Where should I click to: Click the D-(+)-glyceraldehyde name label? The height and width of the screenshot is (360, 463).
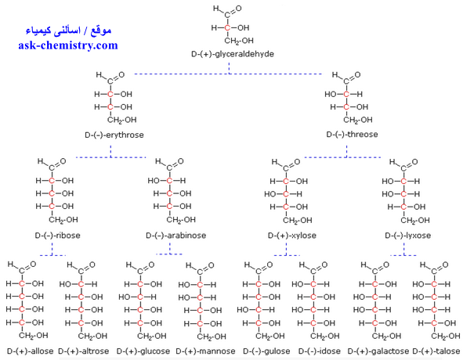pos(233,54)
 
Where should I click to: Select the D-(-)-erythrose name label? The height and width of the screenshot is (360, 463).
pos(114,135)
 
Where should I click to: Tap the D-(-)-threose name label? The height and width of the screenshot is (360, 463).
pos(352,135)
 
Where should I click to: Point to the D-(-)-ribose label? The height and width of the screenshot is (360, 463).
pos(57,236)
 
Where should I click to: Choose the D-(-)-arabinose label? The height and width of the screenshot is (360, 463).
pos(176,236)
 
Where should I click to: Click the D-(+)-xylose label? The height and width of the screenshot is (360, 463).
pos(292,236)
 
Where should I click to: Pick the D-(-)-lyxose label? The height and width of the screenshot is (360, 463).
pos(408,236)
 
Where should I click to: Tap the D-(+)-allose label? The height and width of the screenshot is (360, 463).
pos(30,351)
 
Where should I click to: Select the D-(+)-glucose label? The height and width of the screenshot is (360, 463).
pos(143,351)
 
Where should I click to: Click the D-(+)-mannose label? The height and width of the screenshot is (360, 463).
pos(205,351)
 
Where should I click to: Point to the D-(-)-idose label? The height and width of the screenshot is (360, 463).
pos(319,351)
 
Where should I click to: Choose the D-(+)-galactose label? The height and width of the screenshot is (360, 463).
pos(378,351)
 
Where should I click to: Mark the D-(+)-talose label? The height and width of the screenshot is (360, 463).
pos(436,351)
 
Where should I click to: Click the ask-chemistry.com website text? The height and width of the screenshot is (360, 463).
pos(68,45)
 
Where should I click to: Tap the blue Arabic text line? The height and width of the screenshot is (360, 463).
pos(68,31)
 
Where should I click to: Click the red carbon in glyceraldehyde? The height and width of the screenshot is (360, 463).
pos(227,27)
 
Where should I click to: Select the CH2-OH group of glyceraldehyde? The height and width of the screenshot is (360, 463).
pos(239,41)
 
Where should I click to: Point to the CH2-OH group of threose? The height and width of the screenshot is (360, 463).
pos(357,120)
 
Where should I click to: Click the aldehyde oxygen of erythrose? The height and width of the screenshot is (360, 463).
pos(121,74)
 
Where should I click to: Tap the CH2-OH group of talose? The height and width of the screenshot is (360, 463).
pos(446,336)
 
